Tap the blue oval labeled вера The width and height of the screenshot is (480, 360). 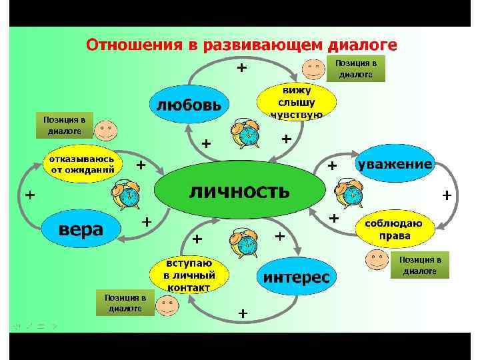pos(81,229)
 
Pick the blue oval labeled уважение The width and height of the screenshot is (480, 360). pos(395,164)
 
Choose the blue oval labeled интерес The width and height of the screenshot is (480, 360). pos(297,277)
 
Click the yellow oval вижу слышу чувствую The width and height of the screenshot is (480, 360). pos(296,102)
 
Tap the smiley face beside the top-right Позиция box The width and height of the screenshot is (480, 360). pos(314,68)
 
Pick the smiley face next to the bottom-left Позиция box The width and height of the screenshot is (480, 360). pos(166,305)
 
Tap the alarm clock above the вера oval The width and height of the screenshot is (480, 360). pos(125,195)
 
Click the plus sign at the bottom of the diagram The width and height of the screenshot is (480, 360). pos(243,313)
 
